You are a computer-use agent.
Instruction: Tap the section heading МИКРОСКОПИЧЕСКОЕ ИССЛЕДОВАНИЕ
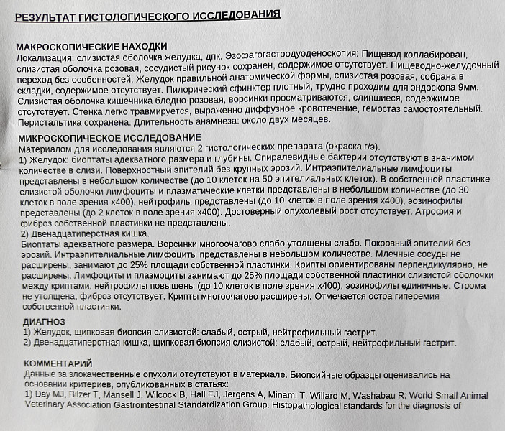(108, 136)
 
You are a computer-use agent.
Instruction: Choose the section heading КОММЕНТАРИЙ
(58, 363)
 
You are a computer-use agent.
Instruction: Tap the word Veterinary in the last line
(47, 406)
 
